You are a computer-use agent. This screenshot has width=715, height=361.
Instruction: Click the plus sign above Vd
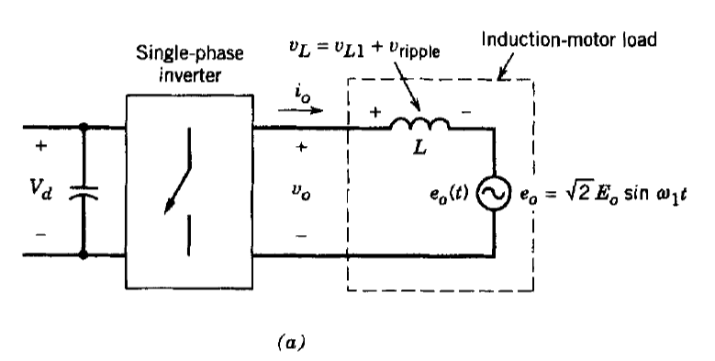[38, 147]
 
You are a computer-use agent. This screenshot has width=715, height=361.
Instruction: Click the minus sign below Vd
[38, 234]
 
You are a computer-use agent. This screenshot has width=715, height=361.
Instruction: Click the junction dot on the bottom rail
[84, 258]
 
